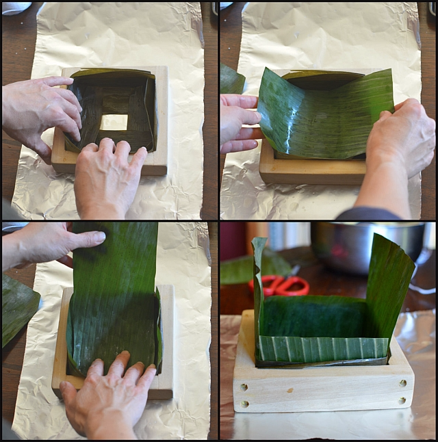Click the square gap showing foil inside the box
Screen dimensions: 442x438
[x=114, y=122]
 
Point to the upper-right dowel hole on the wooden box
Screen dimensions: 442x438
[x=402, y=382]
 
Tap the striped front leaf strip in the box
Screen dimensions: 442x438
[x=322, y=348]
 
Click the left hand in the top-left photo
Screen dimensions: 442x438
[x=41, y=109]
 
